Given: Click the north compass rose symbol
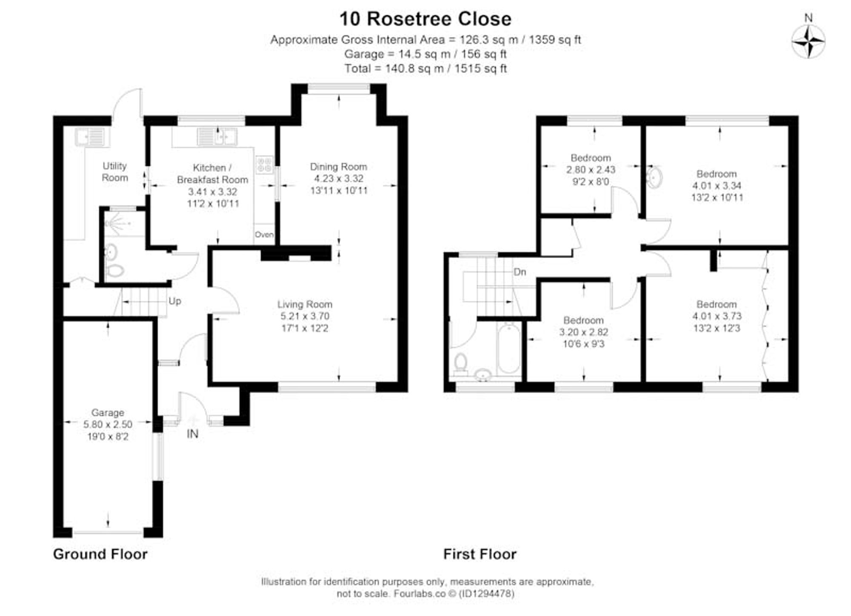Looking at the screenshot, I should pyautogui.click(x=808, y=42).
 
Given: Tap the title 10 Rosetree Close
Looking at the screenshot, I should pyautogui.click(x=425, y=19).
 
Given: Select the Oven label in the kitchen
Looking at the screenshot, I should pyautogui.click(x=264, y=234).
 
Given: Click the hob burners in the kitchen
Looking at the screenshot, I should pyautogui.click(x=264, y=165).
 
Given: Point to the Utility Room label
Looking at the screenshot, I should pyautogui.click(x=114, y=171).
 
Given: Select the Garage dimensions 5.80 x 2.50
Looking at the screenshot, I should pyautogui.click(x=108, y=424).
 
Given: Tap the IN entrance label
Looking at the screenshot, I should pyautogui.click(x=192, y=434).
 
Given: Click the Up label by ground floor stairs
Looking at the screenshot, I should pyautogui.click(x=174, y=301).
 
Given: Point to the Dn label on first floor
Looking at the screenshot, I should pyautogui.click(x=520, y=272).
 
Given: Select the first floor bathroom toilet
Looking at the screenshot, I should pyautogui.click(x=460, y=364).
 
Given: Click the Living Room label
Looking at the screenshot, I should pyautogui.click(x=305, y=304).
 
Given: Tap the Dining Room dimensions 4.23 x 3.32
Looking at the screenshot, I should pyautogui.click(x=339, y=179).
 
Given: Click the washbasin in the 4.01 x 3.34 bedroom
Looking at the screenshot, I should pyautogui.click(x=654, y=177).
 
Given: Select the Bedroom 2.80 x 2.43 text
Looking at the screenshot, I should pyautogui.click(x=591, y=169).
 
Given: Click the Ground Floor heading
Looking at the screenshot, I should pyautogui.click(x=100, y=554).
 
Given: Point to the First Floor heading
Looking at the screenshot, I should pyautogui.click(x=480, y=554).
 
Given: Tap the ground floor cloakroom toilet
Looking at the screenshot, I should pyautogui.click(x=114, y=270).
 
